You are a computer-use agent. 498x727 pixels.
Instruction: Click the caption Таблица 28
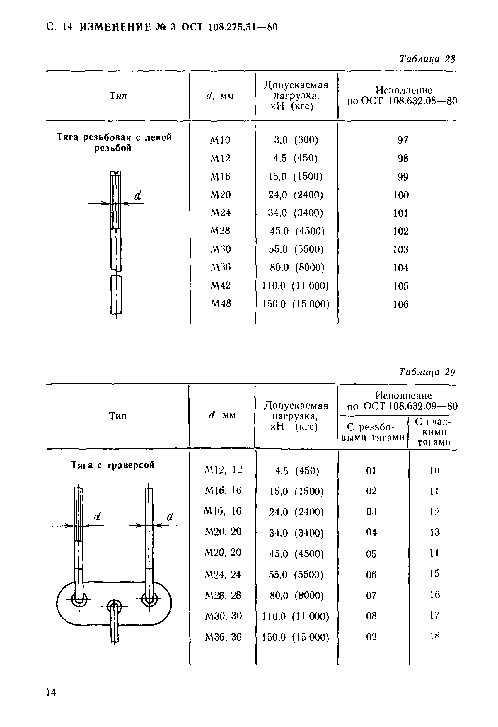point(427,59)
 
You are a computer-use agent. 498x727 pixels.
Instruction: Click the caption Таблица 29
point(427,372)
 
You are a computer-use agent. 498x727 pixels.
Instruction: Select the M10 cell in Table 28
point(220,140)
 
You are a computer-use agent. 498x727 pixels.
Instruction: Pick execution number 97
point(403,140)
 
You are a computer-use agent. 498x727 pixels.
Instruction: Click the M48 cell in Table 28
point(221,304)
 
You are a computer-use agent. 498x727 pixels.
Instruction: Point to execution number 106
point(401,304)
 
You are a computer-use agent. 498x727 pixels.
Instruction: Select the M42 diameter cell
point(221,285)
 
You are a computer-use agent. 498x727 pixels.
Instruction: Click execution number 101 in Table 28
point(401,213)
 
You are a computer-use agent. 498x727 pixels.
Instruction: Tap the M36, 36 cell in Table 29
point(223,637)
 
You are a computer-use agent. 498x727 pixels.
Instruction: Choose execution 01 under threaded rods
point(371,471)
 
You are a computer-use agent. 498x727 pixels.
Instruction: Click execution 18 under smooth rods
point(435,636)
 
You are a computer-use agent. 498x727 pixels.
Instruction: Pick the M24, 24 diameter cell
point(223,574)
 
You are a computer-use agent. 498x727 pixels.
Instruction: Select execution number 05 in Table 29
point(371,554)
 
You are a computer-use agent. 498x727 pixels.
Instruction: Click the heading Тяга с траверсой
point(112,465)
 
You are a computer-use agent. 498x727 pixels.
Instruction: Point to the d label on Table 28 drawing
point(138,196)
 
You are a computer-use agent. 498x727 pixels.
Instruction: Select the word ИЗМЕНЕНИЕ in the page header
point(115,28)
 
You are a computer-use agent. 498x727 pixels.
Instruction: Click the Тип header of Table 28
point(118,96)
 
